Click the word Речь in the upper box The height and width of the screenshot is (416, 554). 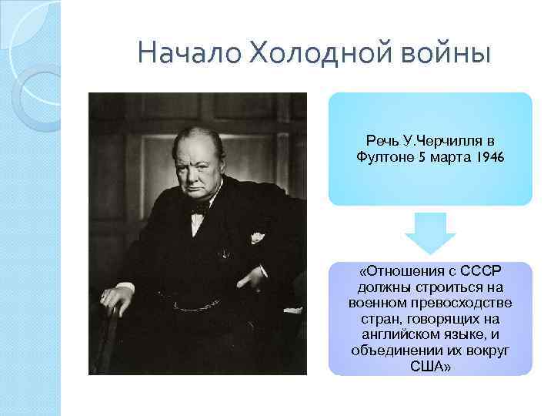pyautogui.click(x=382, y=142)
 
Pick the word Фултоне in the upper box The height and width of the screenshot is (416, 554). pyautogui.click(x=383, y=157)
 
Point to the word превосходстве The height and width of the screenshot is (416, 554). pyautogui.click(x=466, y=302)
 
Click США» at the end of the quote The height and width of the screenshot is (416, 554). pyautogui.click(x=431, y=364)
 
